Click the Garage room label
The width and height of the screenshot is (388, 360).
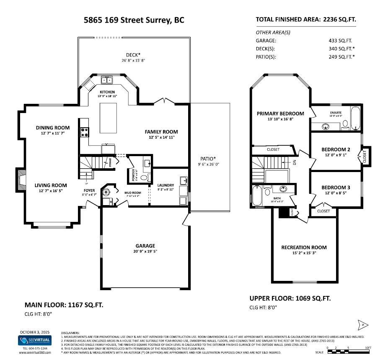click(x=145, y=246)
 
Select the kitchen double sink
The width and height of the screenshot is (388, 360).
click(x=106, y=80)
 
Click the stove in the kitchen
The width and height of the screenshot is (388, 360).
click(x=83, y=133)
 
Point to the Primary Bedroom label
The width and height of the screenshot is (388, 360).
click(x=280, y=113)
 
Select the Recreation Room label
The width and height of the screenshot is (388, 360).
click(x=304, y=247)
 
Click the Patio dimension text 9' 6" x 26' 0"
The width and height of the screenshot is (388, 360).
click(x=208, y=165)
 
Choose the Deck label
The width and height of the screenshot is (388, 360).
click(x=133, y=55)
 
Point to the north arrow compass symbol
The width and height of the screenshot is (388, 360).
click(x=363, y=324)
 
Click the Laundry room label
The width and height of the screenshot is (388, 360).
click(x=166, y=185)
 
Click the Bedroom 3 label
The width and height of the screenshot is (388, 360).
click(x=336, y=187)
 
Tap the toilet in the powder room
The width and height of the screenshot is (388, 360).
click(x=145, y=177)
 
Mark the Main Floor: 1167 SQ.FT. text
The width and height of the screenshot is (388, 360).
click(x=64, y=304)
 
